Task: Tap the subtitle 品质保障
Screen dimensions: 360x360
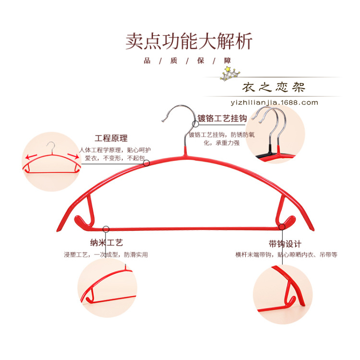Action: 188,60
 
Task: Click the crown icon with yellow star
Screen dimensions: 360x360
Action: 230,73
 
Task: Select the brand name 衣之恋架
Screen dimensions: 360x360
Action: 274,88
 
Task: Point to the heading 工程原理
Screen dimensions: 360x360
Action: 111,138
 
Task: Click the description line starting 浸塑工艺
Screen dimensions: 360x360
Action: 106,255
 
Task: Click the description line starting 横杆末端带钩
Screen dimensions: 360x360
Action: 286,255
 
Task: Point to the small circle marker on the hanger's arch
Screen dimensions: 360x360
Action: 146,163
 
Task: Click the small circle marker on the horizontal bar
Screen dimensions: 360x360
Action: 107,229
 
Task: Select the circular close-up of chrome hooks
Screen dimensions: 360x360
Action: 276,134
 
